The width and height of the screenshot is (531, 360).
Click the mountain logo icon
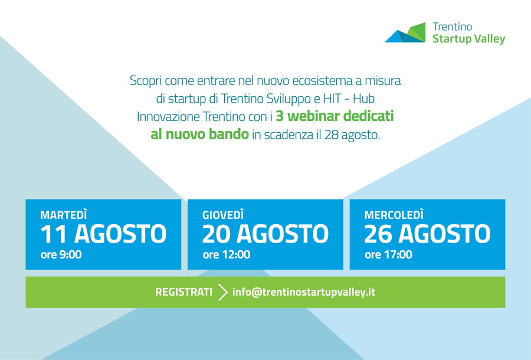(405, 32)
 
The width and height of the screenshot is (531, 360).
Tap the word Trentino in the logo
(452, 27)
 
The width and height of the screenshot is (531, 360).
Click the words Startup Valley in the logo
(468, 39)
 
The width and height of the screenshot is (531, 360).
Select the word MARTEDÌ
(64, 215)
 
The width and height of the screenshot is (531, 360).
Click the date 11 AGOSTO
(103, 234)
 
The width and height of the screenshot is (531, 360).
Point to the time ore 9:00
(61, 254)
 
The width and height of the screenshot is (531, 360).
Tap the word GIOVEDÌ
(223, 215)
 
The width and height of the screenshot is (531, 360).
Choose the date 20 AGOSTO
(265, 234)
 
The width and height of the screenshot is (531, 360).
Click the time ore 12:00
(226, 254)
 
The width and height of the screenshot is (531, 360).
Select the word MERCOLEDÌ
(394, 215)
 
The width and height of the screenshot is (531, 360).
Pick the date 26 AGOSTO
(427, 234)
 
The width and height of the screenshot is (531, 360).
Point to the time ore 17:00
(388, 254)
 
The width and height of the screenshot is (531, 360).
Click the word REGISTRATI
(183, 292)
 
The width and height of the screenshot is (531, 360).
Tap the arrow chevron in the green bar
(222, 292)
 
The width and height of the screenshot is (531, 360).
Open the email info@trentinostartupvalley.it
(304, 292)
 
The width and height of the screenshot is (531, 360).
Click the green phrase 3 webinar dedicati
(335, 116)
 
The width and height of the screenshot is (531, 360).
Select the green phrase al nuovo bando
(200, 134)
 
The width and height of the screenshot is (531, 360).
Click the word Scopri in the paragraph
(146, 81)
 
